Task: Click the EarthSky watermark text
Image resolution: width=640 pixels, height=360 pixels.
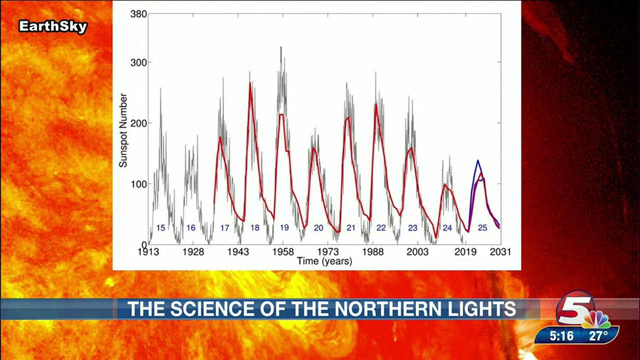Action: [53, 26]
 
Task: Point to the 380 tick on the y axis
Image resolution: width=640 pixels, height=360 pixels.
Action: [138, 14]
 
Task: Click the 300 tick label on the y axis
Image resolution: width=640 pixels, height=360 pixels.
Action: [138, 63]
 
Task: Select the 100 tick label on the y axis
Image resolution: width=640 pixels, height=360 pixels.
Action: [138, 184]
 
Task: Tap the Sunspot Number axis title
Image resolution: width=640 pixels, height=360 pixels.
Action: [123, 130]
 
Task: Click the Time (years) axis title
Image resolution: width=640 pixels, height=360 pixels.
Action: [324, 261]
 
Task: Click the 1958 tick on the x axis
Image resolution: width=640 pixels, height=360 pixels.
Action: [283, 252]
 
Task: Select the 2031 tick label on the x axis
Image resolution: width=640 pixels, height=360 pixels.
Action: [500, 252]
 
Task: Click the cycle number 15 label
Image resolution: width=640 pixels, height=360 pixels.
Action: [160, 228]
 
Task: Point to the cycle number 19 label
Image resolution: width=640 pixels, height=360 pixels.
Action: [284, 228]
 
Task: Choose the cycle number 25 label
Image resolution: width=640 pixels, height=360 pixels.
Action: [482, 228]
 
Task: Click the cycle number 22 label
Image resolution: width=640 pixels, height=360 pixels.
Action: [381, 228]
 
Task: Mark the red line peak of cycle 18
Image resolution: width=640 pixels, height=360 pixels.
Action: [250, 82]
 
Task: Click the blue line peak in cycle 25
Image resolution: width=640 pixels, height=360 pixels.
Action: [478, 160]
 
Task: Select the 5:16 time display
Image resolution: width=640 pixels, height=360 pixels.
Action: [561, 336]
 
